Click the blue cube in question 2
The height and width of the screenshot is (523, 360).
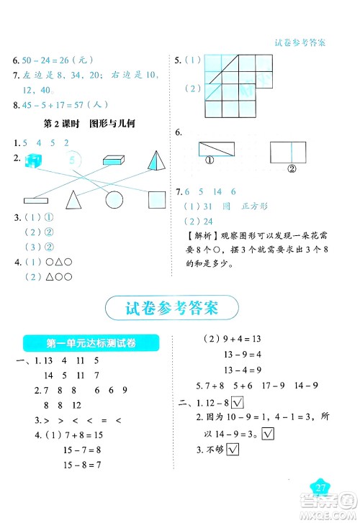pos(33,161)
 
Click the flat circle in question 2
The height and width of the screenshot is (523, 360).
pos(114,199)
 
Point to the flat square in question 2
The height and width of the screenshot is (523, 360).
pos(157,199)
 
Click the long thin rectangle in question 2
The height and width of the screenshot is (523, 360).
pos(34,200)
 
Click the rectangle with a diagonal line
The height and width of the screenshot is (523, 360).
pos(215,150)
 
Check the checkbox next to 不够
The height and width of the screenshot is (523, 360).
pos(233,450)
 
